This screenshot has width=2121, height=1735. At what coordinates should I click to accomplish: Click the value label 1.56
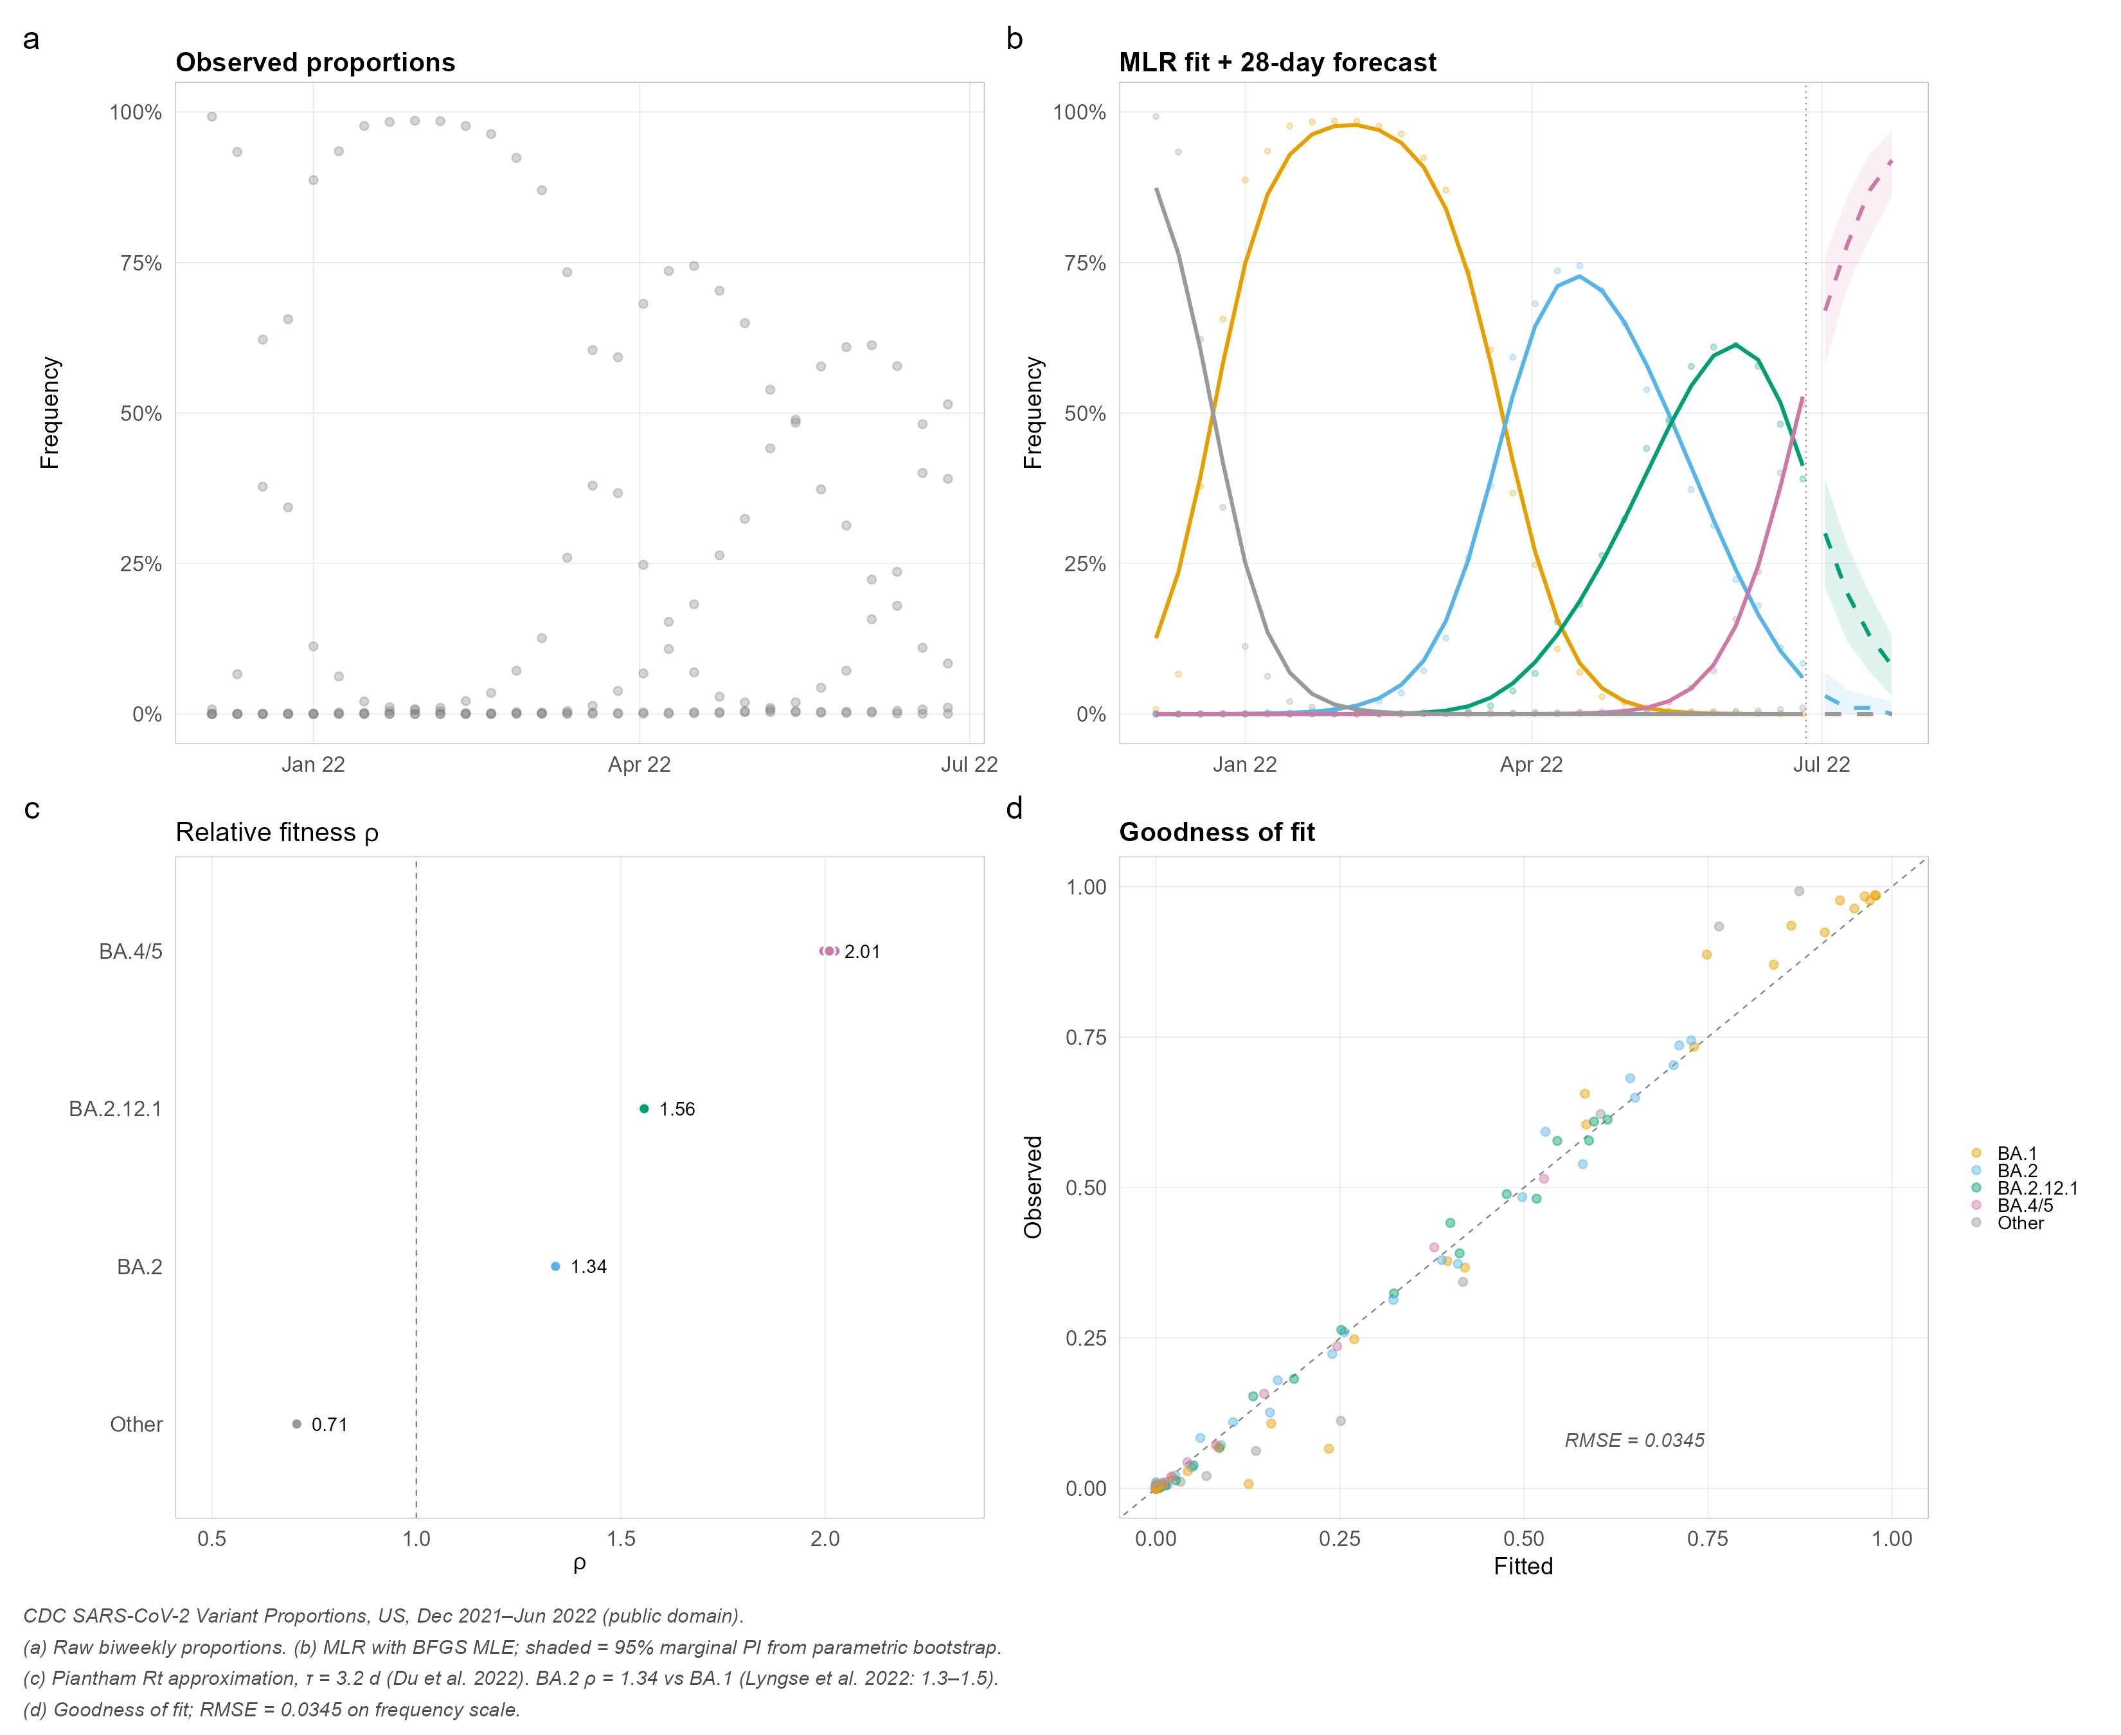(x=677, y=1109)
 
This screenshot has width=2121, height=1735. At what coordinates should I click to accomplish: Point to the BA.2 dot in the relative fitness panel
(x=556, y=1267)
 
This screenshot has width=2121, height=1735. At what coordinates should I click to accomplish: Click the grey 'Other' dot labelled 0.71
(x=297, y=1424)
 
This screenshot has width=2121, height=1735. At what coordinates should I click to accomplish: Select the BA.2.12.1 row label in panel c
(x=115, y=1109)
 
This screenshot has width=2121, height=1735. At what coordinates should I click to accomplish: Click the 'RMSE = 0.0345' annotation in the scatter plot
(x=1634, y=1440)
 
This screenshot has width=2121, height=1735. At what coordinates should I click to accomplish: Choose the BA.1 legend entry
(x=2016, y=1153)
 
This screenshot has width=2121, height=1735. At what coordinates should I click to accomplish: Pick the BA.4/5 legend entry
(x=2024, y=1206)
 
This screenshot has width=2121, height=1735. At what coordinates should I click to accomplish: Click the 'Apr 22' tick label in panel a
(x=640, y=765)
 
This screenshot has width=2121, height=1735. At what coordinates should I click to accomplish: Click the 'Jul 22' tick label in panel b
(x=1821, y=765)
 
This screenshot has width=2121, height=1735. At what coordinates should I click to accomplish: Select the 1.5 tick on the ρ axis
(x=621, y=1538)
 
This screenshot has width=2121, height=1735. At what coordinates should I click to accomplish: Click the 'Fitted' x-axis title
(x=1523, y=1566)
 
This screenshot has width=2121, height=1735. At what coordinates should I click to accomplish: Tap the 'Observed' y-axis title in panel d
(x=1034, y=1188)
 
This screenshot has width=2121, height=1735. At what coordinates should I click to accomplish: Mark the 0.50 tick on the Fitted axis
(x=1523, y=1538)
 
